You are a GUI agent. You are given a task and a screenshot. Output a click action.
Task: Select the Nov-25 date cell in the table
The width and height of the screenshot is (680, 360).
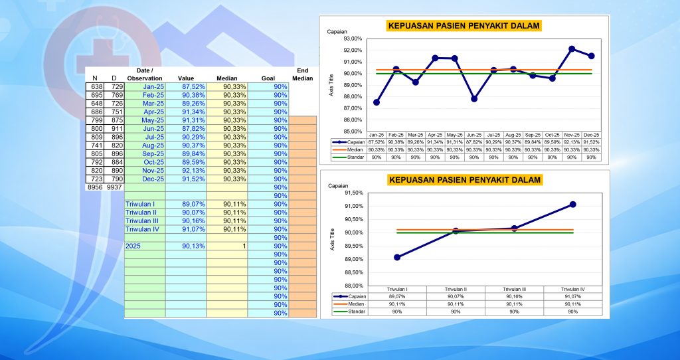tap(145, 170)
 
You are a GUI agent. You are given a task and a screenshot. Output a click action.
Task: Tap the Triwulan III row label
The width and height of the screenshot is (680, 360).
tap(141, 221)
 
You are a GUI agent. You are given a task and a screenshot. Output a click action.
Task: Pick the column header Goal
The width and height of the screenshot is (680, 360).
tap(268, 78)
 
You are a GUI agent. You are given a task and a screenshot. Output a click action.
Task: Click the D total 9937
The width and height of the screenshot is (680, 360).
tap(115, 187)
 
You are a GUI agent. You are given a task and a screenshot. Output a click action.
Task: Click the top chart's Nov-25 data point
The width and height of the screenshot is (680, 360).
tap(572, 49)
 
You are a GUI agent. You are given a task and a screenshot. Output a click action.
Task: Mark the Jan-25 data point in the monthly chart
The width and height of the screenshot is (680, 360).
tap(377, 102)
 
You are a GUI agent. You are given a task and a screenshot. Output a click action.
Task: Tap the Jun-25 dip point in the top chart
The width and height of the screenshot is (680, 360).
tap(474, 99)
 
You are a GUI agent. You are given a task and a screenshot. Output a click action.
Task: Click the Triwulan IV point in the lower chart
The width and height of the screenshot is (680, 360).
tap(572, 205)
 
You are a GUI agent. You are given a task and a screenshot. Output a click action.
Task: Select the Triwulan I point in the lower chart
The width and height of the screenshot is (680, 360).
tap(397, 257)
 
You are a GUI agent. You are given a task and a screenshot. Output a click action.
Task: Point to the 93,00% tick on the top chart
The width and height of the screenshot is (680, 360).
tap(353, 39)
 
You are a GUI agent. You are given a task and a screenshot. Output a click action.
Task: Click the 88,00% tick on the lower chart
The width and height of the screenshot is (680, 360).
tap(353, 286)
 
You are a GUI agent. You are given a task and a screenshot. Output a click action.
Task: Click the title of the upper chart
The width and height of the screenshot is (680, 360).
tap(463, 26)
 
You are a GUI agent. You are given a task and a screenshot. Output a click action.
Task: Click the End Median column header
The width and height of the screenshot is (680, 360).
tap(302, 74)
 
